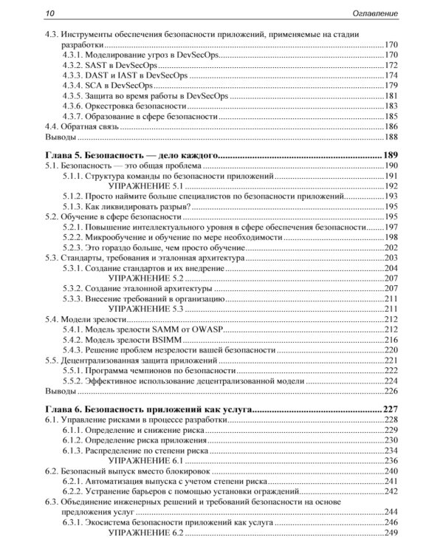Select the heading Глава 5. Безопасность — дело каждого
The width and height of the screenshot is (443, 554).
[x=129, y=154]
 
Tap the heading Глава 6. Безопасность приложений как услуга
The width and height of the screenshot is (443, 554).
[x=145, y=408]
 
